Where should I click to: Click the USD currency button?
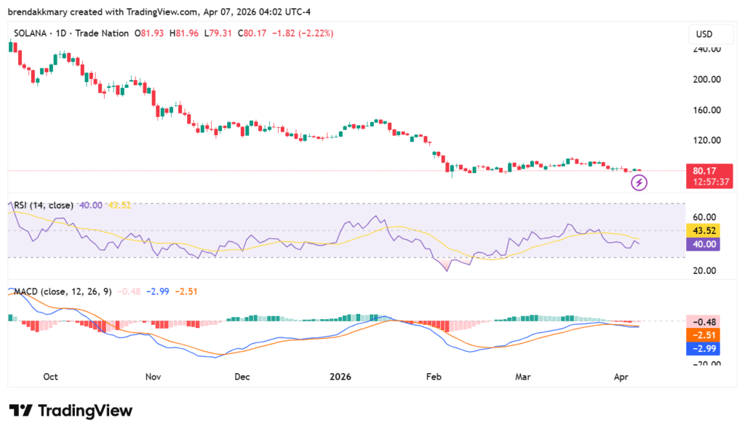coord(704,34)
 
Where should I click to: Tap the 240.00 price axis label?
coord(706,49)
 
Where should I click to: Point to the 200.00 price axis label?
coord(706,79)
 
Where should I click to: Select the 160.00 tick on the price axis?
coord(706,110)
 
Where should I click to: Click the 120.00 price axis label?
coord(706,140)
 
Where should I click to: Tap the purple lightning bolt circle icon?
coord(640,182)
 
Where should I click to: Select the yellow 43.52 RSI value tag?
coord(703,230)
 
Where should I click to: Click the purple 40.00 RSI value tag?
coord(703,244)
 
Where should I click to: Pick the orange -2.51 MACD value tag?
coord(703,335)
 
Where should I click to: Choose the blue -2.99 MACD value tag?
coord(703,348)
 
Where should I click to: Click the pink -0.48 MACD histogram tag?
coord(703,321)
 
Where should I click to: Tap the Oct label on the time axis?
coord(51,377)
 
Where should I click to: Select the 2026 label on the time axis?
coord(340,377)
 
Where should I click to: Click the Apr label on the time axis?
coord(621,377)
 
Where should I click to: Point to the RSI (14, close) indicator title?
coord(44,205)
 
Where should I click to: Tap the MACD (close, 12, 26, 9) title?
coord(63,292)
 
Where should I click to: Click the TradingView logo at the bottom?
coord(71,411)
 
